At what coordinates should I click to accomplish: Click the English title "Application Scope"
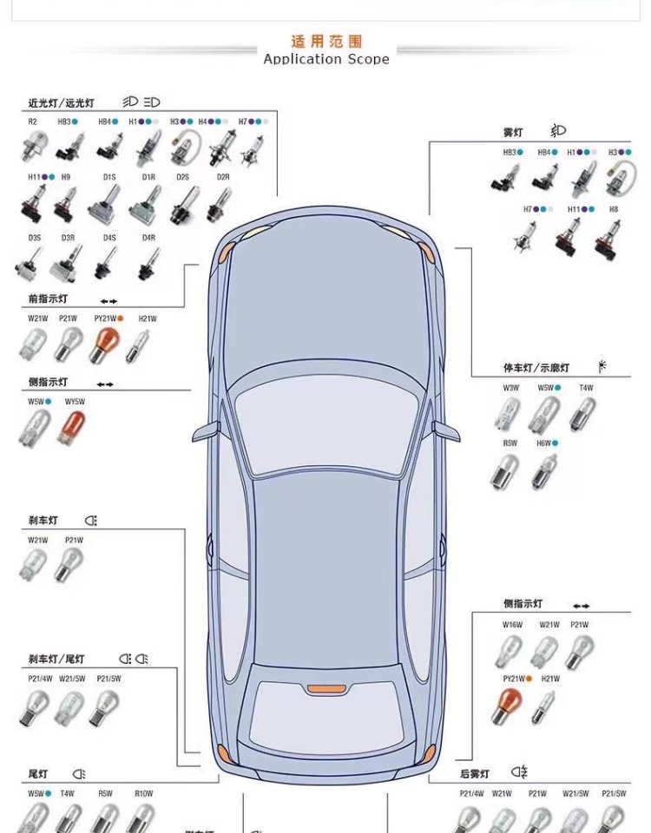click(326, 59)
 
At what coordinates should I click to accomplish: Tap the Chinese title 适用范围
click(326, 42)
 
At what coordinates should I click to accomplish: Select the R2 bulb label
click(32, 121)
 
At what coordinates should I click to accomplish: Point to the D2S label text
click(183, 177)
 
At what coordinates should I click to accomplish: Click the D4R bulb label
click(148, 237)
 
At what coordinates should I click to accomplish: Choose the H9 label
click(66, 177)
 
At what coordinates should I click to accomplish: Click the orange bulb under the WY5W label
click(72, 426)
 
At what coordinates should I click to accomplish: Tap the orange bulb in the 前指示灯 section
click(104, 344)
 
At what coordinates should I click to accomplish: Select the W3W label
click(510, 388)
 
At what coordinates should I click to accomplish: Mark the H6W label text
click(544, 443)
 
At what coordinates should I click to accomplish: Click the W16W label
click(512, 625)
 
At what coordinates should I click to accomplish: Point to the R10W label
click(143, 793)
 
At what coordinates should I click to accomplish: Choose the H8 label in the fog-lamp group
click(614, 209)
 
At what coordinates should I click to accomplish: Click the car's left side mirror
click(207, 430)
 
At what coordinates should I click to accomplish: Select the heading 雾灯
click(513, 132)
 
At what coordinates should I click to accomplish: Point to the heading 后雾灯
click(475, 773)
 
